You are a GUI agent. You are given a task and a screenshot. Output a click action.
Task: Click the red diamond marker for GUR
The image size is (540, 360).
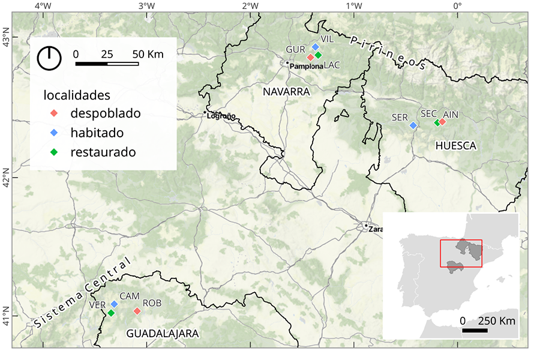point(310,58)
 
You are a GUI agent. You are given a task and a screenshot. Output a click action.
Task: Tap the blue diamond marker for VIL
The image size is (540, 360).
point(315,47)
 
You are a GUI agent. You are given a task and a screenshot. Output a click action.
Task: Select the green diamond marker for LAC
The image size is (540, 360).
point(318,55)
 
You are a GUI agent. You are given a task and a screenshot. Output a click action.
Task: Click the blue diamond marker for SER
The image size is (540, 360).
point(413,125)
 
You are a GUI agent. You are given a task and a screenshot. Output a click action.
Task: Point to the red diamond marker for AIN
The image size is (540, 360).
point(442,122)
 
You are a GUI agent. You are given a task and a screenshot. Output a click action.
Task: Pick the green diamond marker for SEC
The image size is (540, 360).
point(437,123)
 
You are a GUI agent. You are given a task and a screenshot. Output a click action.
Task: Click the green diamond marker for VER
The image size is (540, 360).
point(111,313)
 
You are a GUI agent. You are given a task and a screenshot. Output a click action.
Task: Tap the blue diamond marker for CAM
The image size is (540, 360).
point(114,304)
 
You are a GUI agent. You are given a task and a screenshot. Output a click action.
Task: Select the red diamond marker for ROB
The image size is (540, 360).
point(137,311)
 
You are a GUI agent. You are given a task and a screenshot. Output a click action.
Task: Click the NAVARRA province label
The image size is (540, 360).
point(286,92)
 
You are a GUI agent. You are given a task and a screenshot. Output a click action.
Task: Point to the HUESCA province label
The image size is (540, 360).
point(455,146)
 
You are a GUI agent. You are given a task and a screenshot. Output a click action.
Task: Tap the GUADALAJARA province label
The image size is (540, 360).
point(162,334)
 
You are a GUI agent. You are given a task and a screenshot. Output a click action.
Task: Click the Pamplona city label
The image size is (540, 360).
point(307,65)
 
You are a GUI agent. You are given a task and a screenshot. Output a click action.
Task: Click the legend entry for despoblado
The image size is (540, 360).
point(105,113)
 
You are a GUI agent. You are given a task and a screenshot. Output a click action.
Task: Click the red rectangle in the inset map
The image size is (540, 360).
point(460,253)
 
